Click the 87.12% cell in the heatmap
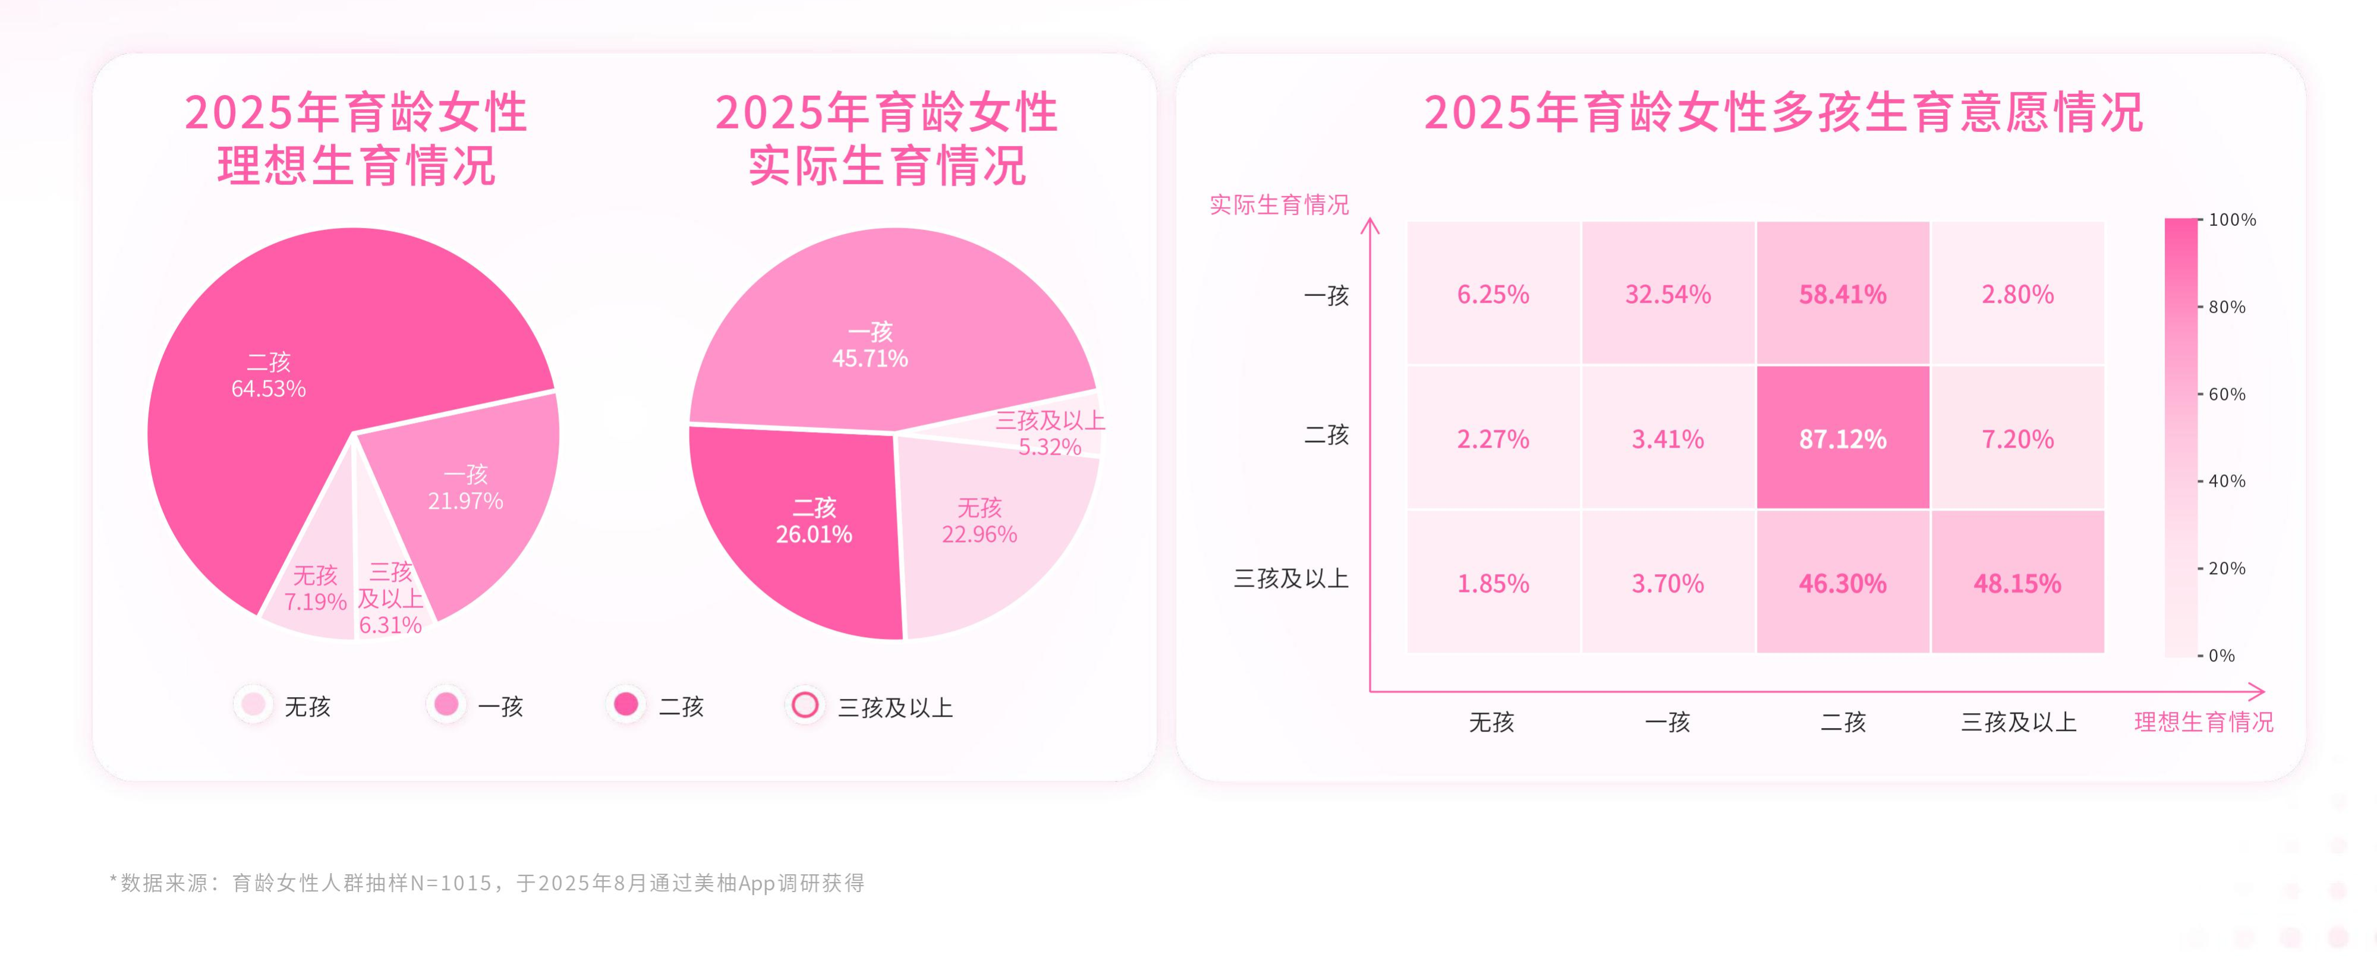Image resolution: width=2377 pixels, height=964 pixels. pos(1842,438)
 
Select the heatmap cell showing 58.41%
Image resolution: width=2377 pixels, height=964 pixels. pos(1842,294)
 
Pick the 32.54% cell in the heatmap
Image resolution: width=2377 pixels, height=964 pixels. pos(1667,294)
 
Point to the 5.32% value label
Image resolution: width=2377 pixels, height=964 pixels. pos(1049,448)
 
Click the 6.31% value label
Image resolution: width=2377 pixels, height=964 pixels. pos(391,625)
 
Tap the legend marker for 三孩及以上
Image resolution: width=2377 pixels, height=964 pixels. pos(805,705)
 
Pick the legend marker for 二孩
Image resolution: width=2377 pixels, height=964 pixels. pos(626,705)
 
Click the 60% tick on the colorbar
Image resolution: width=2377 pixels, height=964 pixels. pos(2225,394)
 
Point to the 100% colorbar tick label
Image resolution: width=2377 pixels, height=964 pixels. pos(2231,219)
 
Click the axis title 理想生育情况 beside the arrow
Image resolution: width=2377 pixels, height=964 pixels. pos(2203,722)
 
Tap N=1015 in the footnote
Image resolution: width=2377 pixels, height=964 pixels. pos(451,883)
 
